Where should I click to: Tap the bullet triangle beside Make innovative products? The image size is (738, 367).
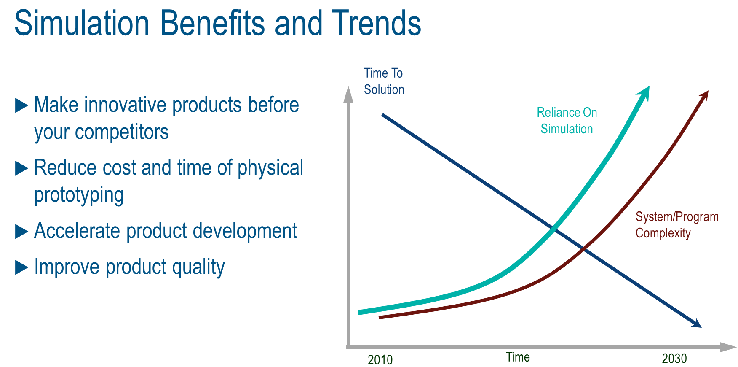click(x=21, y=105)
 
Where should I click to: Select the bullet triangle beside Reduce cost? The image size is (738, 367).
click(x=21, y=168)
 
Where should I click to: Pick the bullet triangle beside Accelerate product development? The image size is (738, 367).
click(x=21, y=232)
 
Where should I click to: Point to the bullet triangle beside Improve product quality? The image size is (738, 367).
click(x=21, y=267)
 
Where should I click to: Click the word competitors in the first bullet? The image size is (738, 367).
click(x=122, y=132)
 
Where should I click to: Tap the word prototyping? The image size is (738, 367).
click(x=79, y=195)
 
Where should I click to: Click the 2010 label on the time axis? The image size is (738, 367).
click(x=380, y=359)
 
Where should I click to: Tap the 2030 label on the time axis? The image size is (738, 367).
click(x=674, y=359)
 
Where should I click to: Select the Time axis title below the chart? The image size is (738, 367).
click(x=518, y=357)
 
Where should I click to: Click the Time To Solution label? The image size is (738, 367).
click(x=384, y=81)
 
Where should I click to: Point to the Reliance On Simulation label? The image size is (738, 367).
click(x=567, y=121)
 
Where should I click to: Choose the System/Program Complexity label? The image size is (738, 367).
click(x=676, y=225)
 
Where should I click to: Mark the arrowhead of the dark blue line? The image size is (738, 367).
click(x=697, y=324)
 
